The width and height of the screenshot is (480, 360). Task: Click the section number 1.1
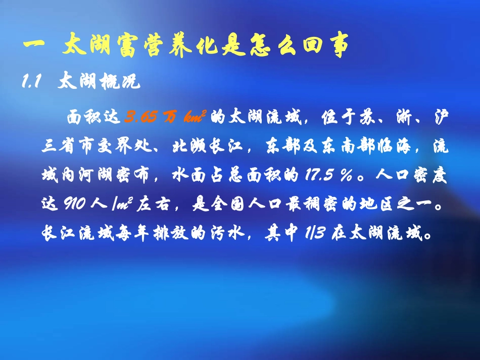click(31, 82)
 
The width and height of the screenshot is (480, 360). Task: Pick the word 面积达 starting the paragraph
click(93, 118)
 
